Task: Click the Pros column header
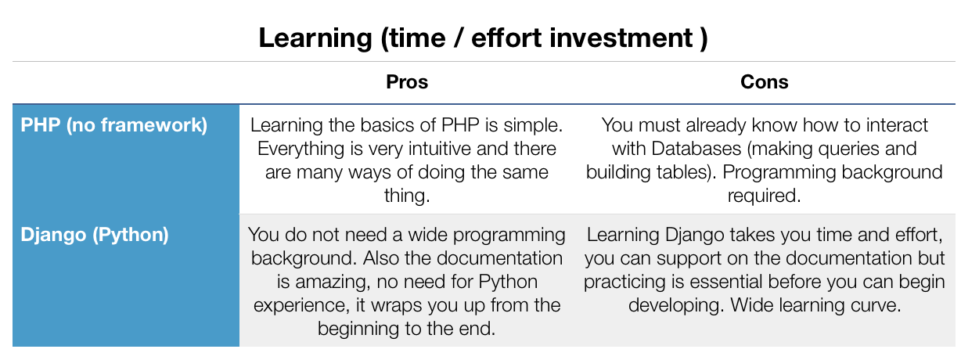pyautogui.click(x=407, y=81)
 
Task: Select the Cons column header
pyautogui.click(x=764, y=81)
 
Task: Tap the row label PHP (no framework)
pyautogui.click(x=113, y=125)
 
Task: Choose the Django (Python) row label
pyautogui.click(x=95, y=235)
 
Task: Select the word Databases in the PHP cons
pyautogui.click(x=696, y=149)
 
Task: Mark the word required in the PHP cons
pyautogui.click(x=764, y=196)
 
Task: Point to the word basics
pyautogui.click(x=388, y=125)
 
